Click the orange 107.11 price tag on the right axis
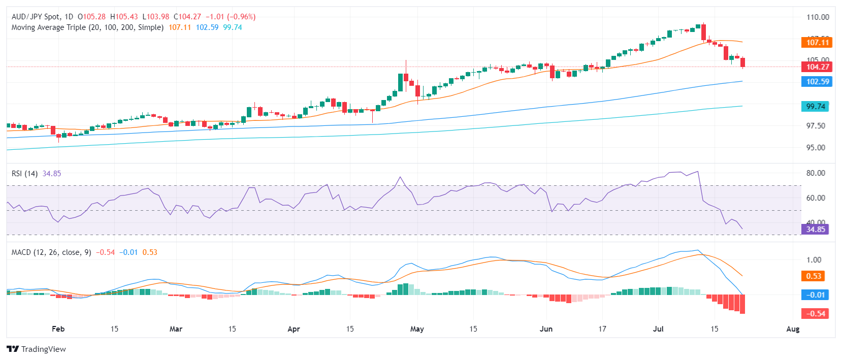[x=817, y=43]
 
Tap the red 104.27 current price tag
[x=817, y=67]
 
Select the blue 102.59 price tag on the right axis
[x=817, y=82]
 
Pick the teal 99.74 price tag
[x=816, y=107]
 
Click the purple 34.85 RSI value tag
[x=816, y=230]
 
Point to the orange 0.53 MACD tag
[x=813, y=276]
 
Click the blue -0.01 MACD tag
[x=815, y=295]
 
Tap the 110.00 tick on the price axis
[x=818, y=17]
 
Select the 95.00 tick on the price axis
[x=816, y=148]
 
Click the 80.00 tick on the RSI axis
[x=816, y=173]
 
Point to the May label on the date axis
[x=417, y=329]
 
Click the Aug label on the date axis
[x=793, y=329]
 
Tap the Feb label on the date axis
[x=58, y=329]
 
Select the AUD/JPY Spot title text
[x=36, y=17]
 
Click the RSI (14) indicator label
[x=24, y=174]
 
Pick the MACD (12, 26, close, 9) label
[x=51, y=252]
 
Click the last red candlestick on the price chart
[x=743, y=62]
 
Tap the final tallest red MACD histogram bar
[x=742, y=304]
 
